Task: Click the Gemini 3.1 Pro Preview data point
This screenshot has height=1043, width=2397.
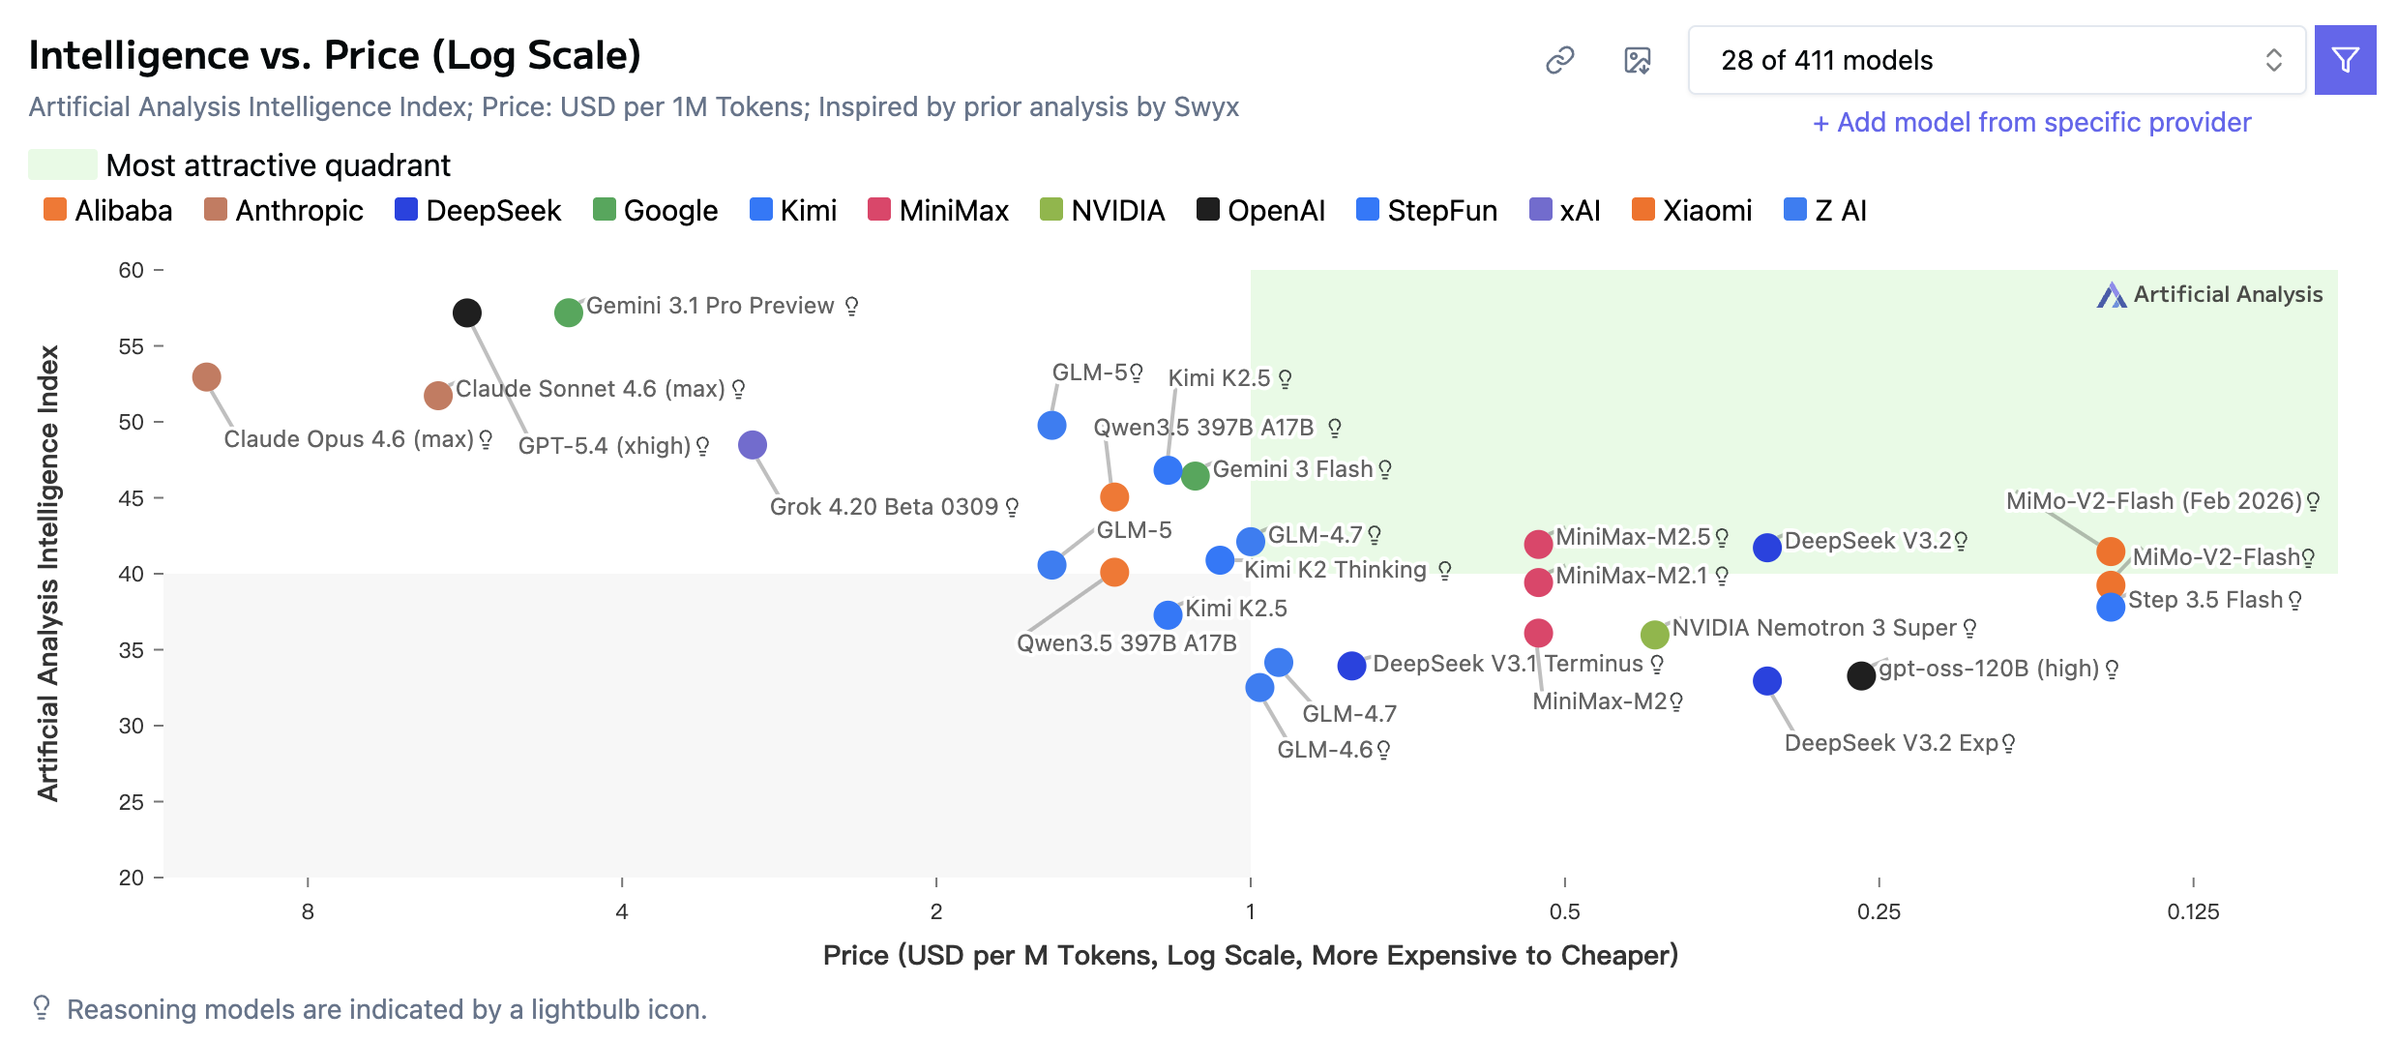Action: pyautogui.click(x=568, y=313)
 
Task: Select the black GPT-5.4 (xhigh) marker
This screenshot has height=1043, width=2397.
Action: pyautogui.click(x=467, y=313)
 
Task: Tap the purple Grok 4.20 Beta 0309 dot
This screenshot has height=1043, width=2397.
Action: pyautogui.click(x=753, y=445)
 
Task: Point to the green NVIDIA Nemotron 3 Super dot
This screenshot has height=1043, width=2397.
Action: pyautogui.click(x=1655, y=635)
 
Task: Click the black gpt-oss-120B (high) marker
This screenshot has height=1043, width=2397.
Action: pyautogui.click(x=1861, y=675)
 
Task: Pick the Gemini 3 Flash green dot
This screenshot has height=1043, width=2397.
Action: pyautogui.click(x=1196, y=476)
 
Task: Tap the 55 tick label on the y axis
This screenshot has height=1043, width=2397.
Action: pyautogui.click(x=132, y=346)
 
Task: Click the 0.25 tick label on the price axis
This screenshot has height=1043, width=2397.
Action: pyautogui.click(x=1879, y=911)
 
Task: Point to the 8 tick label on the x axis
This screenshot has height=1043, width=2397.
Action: pyautogui.click(x=308, y=911)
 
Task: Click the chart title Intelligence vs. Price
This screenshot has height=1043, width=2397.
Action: pyautogui.click(x=335, y=55)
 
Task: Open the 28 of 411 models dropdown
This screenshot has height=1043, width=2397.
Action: pyautogui.click(x=1997, y=60)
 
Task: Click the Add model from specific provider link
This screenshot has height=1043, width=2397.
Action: pyautogui.click(x=2031, y=122)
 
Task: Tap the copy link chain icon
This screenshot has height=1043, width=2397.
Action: pyautogui.click(x=1560, y=60)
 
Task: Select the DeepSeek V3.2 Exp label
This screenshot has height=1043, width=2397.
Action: pyautogui.click(x=1891, y=743)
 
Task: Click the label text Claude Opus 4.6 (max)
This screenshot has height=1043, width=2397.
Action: pyautogui.click(x=348, y=439)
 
